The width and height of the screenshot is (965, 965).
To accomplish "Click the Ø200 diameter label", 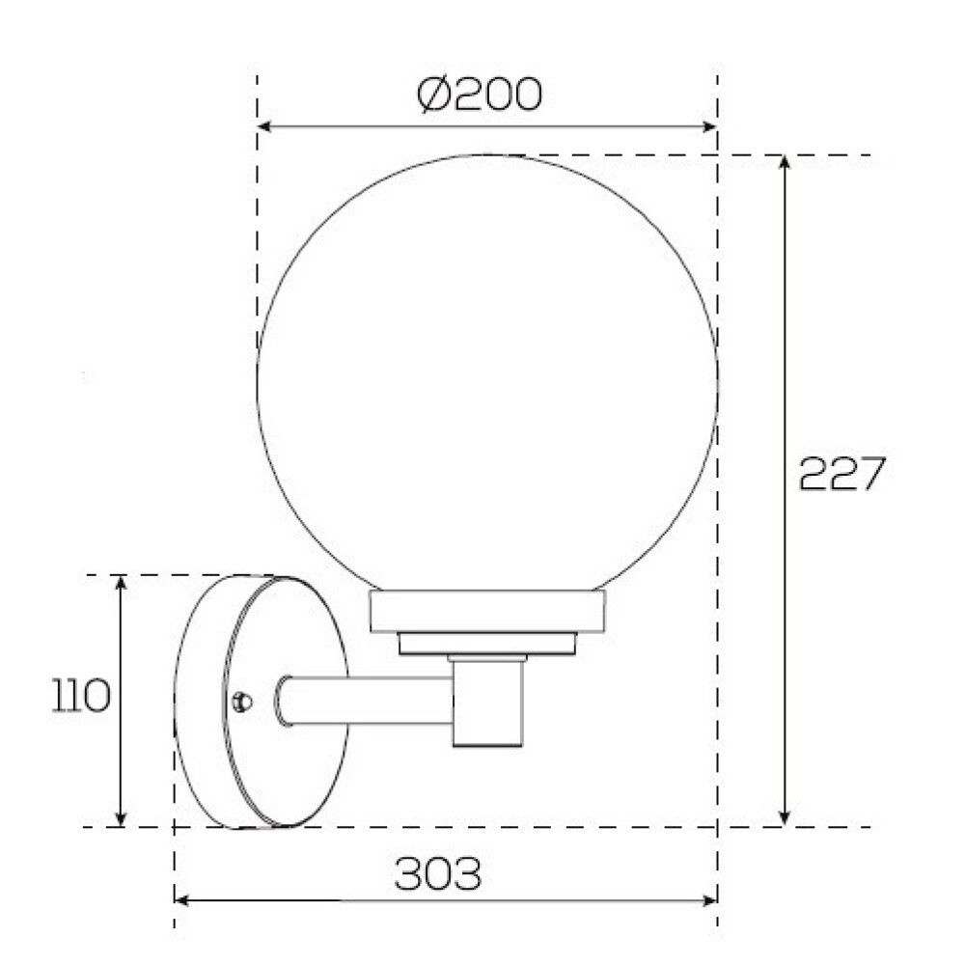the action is (x=480, y=95).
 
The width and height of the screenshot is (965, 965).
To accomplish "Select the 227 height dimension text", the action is (x=841, y=473).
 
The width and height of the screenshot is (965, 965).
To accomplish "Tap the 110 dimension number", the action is (x=81, y=695).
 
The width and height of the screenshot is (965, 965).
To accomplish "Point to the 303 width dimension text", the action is (x=437, y=873).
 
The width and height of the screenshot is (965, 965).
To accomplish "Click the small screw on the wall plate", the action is (x=242, y=701).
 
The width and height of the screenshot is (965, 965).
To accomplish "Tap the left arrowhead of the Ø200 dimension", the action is (x=264, y=126).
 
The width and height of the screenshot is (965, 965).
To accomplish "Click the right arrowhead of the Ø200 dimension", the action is (x=709, y=126).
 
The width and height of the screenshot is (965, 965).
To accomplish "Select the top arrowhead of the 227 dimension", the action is (x=784, y=162).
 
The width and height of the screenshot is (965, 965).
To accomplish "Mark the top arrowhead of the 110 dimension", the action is (x=122, y=583).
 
